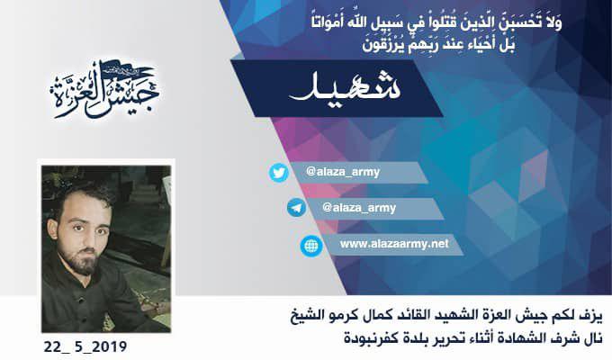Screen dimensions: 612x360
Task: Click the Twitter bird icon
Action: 279,173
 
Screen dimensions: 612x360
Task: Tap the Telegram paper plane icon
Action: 297,207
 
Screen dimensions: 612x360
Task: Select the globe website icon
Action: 311,246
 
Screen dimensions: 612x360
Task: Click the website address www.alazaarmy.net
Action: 394,244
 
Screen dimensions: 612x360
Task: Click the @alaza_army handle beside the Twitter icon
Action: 343,172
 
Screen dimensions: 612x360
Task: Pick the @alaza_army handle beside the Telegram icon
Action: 359,208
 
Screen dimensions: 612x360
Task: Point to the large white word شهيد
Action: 345,89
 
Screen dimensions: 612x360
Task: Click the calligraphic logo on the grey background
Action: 104,90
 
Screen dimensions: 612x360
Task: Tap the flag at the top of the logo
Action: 128,71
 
